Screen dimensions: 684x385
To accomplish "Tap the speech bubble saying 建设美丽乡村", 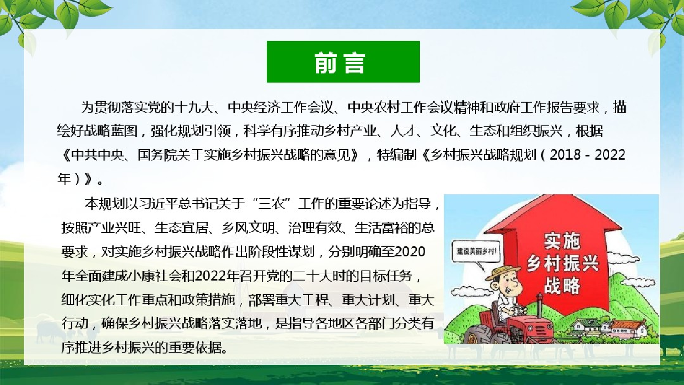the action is coord(476,252).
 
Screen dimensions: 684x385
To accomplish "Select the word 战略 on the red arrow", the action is coord(562,286).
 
